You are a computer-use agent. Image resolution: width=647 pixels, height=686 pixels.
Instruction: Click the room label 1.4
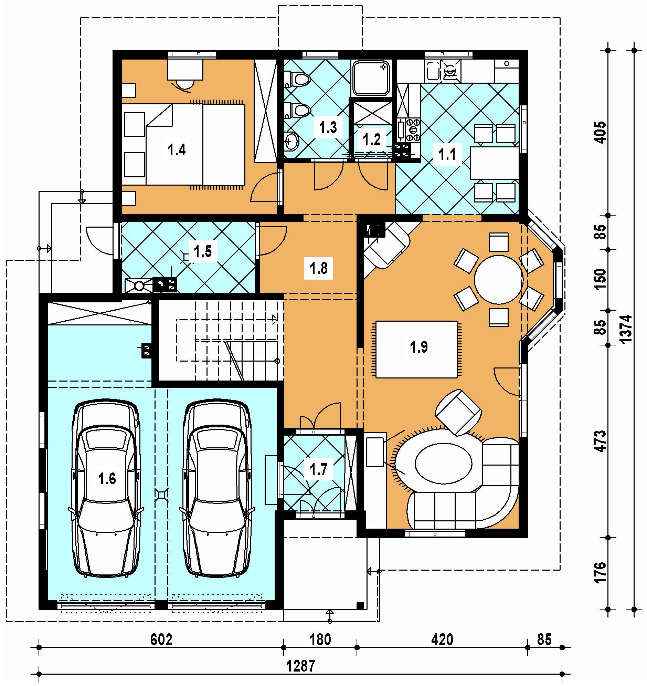[x=177, y=150]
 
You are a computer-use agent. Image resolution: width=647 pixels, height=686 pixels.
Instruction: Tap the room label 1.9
[x=419, y=347]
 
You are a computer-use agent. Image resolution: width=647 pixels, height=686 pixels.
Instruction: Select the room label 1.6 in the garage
[x=107, y=479]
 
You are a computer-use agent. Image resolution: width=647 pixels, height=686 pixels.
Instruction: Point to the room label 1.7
[x=318, y=469]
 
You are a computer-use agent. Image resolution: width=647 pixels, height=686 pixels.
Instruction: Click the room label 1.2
[x=372, y=139]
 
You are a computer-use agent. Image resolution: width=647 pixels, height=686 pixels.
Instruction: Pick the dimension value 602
[x=161, y=640]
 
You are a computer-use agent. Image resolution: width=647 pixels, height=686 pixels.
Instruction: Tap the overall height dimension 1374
[x=626, y=329]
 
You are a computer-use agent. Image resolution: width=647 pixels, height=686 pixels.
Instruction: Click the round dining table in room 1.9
[x=499, y=280]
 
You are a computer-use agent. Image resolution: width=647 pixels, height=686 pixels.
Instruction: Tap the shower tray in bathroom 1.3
[x=372, y=79]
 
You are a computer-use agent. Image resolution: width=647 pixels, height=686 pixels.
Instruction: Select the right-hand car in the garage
[x=218, y=489]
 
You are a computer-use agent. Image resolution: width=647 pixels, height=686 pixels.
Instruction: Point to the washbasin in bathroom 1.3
[x=293, y=141]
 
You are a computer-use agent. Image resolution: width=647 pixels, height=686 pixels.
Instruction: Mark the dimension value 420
[x=442, y=640]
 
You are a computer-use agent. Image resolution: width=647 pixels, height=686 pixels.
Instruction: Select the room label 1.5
[x=202, y=251]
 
